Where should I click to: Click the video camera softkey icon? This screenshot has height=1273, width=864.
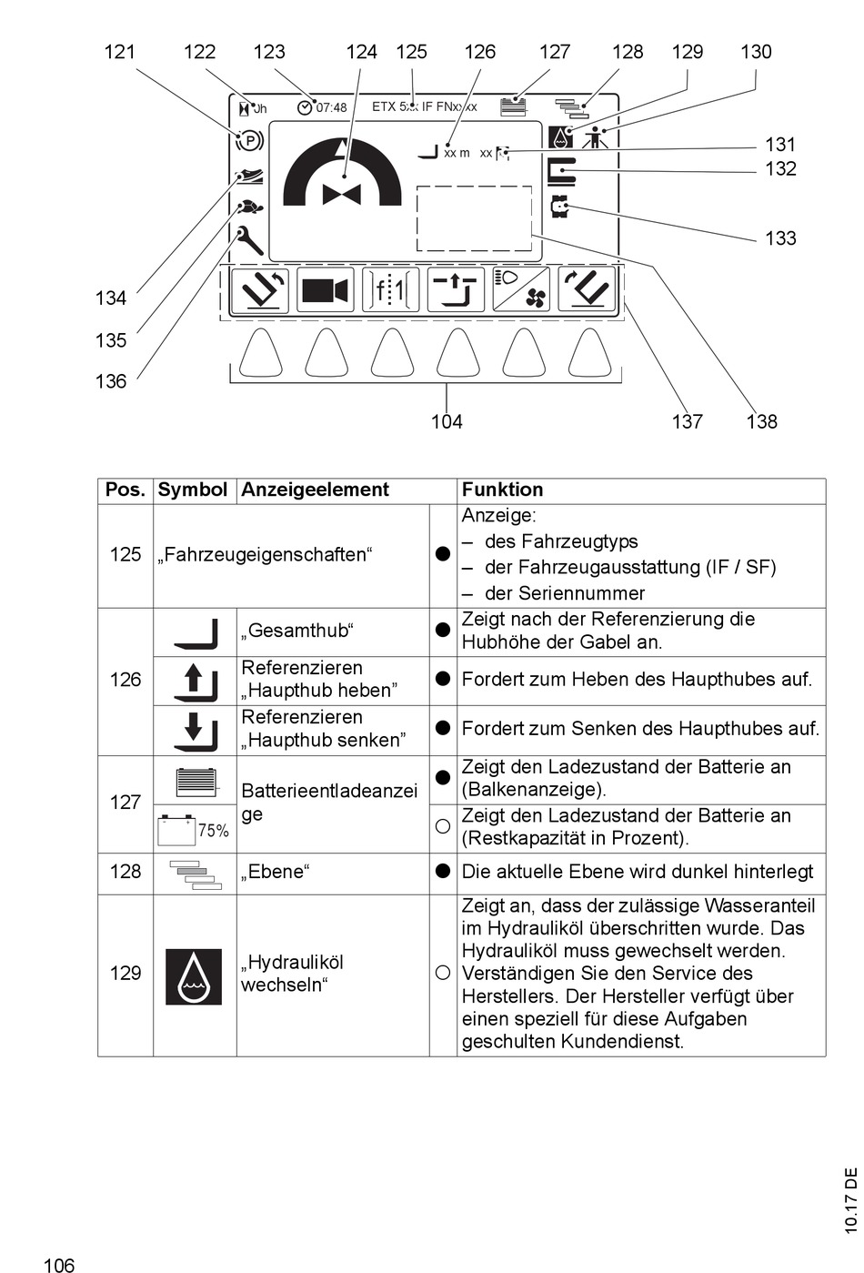(x=325, y=290)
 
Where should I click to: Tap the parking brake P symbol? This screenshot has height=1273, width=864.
(x=249, y=141)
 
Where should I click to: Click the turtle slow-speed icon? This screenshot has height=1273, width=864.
(x=249, y=207)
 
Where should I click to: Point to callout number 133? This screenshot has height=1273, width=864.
(x=780, y=238)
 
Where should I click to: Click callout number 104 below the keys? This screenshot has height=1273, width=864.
(x=447, y=421)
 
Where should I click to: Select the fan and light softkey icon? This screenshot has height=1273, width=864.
(x=521, y=290)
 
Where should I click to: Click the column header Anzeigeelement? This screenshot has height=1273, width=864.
(x=315, y=490)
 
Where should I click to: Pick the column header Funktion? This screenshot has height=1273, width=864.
(x=502, y=490)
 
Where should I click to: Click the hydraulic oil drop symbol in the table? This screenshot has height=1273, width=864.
(x=194, y=976)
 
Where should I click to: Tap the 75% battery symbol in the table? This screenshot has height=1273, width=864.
(x=194, y=829)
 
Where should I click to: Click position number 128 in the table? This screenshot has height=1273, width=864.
(x=126, y=871)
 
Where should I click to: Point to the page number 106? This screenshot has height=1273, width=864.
(x=58, y=1264)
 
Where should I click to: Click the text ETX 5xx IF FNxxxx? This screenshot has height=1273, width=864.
(x=424, y=106)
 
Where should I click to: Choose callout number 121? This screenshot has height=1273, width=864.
(x=119, y=52)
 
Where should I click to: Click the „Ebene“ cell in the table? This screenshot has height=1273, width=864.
(x=275, y=872)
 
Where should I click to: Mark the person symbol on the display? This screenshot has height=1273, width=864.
(x=596, y=138)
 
